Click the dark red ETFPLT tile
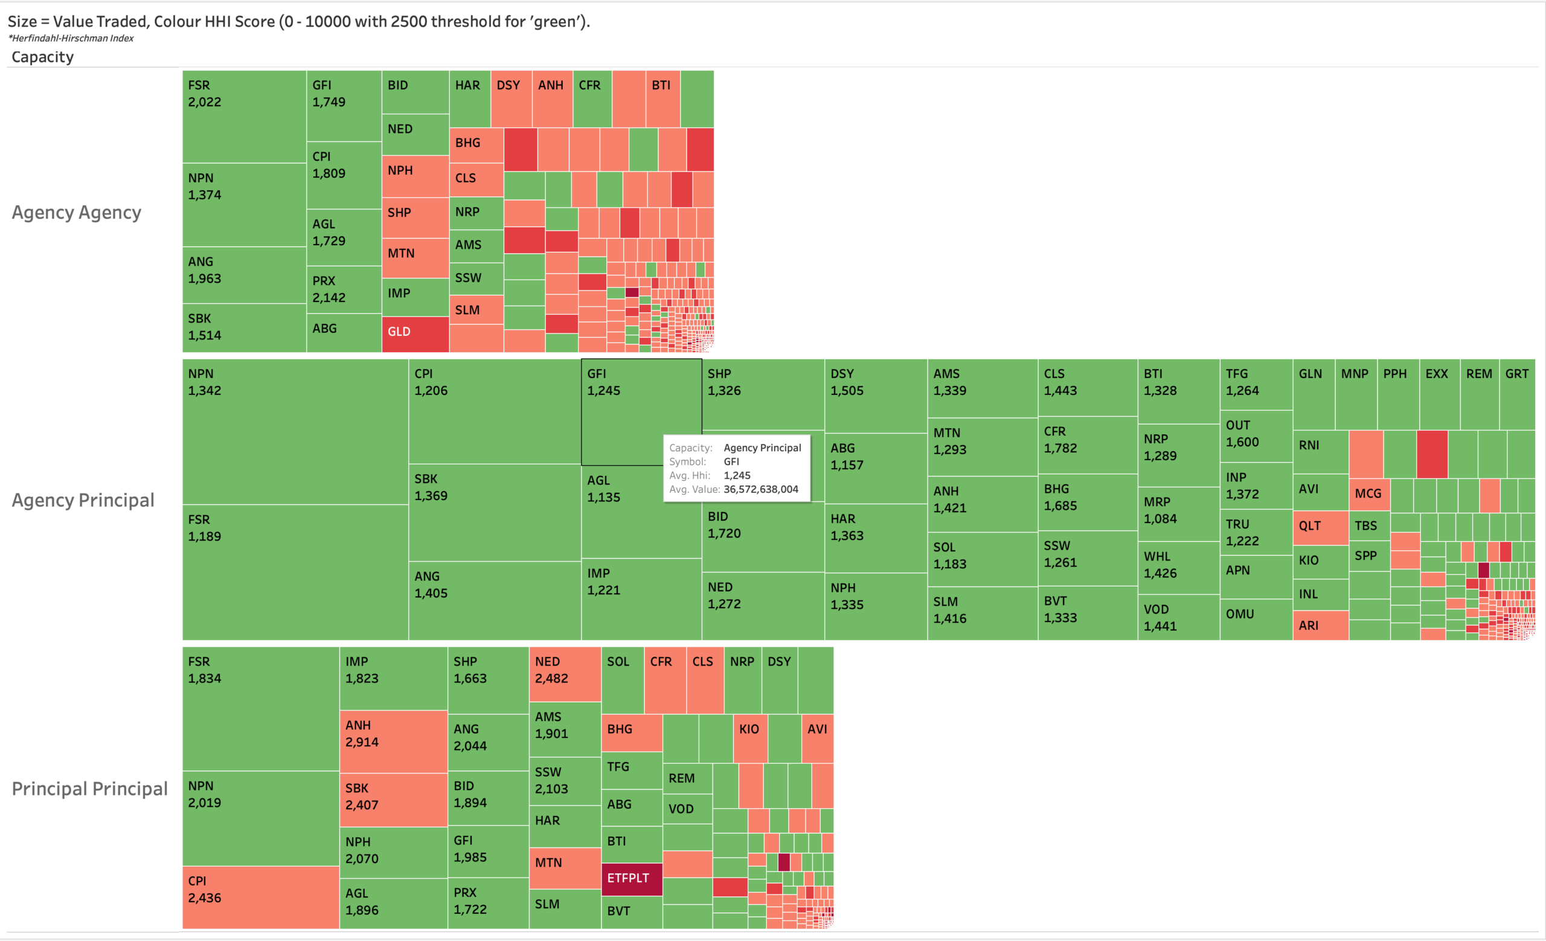pos(631,879)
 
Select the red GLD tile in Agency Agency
pos(415,335)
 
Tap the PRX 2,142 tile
pos(343,289)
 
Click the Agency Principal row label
pos(83,500)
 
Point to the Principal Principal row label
pos(90,789)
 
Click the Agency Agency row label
pos(77,213)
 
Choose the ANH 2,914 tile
pos(393,741)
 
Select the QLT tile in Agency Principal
pos(1320,527)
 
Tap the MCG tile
pos(1368,494)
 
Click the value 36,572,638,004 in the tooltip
pos(760,489)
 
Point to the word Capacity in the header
pos(43,57)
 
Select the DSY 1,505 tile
pos(875,395)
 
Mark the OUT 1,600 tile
pos(1256,436)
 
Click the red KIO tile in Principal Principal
pos(750,737)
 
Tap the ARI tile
pos(1320,626)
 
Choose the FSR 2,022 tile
pos(243,116)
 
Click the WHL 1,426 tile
pos(1178,567)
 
